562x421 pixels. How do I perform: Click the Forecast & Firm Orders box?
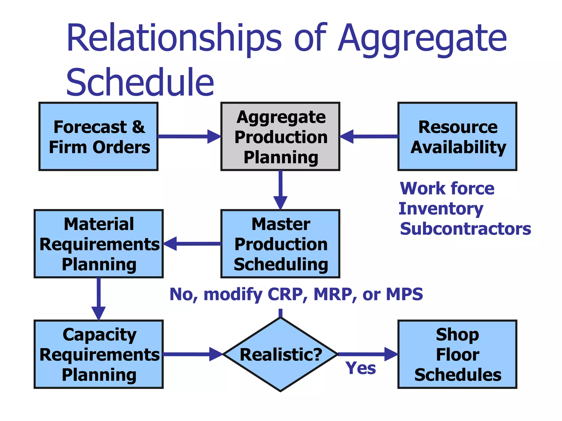[98, 136]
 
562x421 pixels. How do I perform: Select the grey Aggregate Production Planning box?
[280, 136]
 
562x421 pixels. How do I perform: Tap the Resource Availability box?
[457, 136]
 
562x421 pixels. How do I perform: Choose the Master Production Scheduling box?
[280, 244]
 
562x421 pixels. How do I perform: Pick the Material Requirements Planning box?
[99, 244]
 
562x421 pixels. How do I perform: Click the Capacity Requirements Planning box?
[99, 354]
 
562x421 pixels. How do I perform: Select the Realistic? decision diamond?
[280, 354]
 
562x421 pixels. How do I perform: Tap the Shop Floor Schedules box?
[457, 354]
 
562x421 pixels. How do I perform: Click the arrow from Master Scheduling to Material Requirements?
[192, 244]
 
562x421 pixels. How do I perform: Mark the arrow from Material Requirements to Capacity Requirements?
[99, 299]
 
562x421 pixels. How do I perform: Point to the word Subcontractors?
[465, 229]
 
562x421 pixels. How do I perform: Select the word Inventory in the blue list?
[441, 209]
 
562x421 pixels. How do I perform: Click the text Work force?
[447, 189]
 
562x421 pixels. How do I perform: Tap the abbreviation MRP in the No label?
[333, 294]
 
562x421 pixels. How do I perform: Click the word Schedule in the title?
[140, 82]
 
